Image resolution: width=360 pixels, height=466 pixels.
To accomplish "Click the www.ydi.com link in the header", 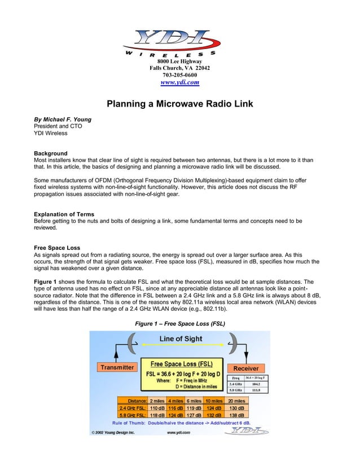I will click(179, 82).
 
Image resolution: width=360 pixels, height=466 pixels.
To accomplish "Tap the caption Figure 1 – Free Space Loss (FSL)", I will click(179, 324).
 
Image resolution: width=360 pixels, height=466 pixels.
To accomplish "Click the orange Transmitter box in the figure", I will click(117, 367).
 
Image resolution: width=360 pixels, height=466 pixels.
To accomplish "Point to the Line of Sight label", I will click(180, 338).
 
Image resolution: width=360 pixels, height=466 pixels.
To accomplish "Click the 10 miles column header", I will click(213, 400).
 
